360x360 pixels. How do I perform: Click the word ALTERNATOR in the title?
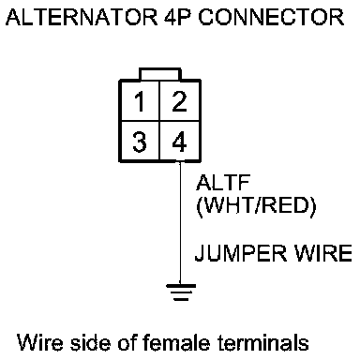pos(82,17)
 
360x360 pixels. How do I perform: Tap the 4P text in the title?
pos(177,17)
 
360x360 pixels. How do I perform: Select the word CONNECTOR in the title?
pos(271,17)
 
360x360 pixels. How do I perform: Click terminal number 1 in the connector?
pos(140,101)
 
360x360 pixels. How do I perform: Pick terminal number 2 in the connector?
pos(179,101)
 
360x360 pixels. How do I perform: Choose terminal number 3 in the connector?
pos(140,142)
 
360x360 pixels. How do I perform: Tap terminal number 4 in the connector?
pos(179,142)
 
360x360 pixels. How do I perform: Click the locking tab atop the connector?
pos(160,74)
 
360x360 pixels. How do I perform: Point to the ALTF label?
pos(223,183)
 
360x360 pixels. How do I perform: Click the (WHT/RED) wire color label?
pos(256,206)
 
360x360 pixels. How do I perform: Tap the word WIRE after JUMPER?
pos(323,253)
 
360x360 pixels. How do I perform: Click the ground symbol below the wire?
pos(181,292)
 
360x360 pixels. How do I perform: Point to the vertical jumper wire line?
pos(180,223)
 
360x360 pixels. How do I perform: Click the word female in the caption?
pos(176,342)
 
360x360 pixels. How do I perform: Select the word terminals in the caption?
pos(263,342)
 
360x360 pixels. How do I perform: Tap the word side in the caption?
pos(90,342)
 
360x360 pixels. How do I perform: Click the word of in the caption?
pos(127,342)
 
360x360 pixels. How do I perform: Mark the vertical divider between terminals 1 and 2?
pos(159,101)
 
